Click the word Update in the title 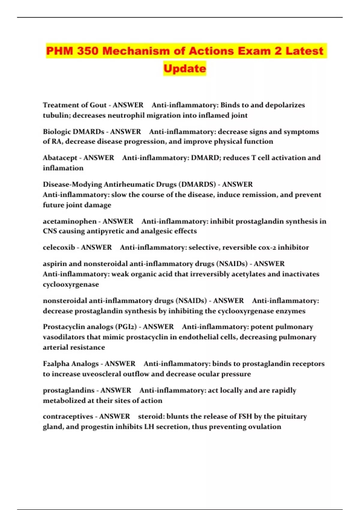[x=185, y=68]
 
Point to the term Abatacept [x=60, y=158]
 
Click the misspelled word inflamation [x=63, y=168]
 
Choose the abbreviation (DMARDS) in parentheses [x=197, y=184]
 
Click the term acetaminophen [x=70, y=221]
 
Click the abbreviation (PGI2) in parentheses [x=124, y=327]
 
